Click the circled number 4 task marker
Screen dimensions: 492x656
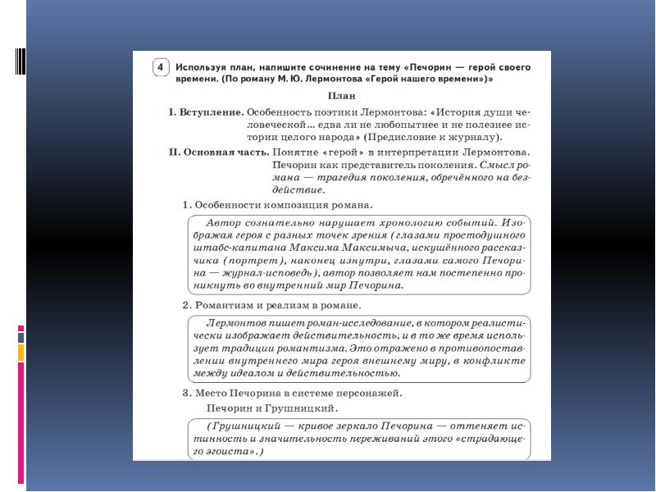[x=162, y=67]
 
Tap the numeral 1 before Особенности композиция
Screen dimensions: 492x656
[x=185, y=204]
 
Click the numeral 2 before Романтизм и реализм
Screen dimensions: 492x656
[x=185, y=305]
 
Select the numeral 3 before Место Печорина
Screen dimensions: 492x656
[x=185, y=393]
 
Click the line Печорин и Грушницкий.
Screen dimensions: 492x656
[x=271, y=408]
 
